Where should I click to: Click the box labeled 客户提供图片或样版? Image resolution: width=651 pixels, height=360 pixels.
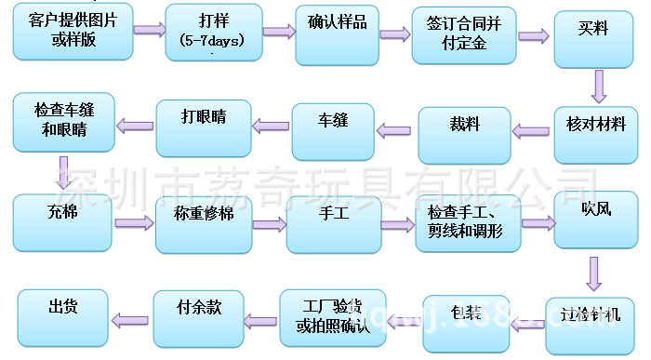(x=73, y=32)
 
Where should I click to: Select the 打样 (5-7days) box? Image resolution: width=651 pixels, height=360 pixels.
(x=214, y=34)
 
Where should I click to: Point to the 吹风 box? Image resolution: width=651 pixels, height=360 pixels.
(x=596, y=220)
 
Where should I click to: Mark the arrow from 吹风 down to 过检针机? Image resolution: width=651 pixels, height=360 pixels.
(x=594, y=273)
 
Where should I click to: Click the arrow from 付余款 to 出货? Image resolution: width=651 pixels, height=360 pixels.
(x=131, y=313)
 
